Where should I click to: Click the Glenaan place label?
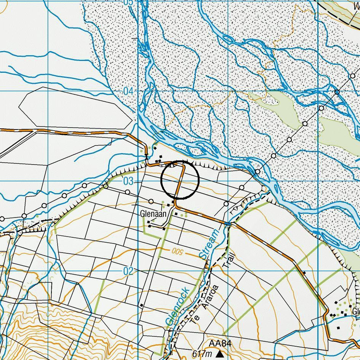pyautogui.click(x=154, y=214)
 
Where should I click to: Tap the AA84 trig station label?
pyautogui.click(x=220, y=344)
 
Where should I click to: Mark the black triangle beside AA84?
pyautogui.click(x=220, y=354)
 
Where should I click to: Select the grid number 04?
pyautogui.click(x=128, y=91)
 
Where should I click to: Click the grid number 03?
pyautogui.click(x=128, y=181)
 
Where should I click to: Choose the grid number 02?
pyautogui.click(x=128, y=271)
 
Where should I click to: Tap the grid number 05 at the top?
pyautogui.click(x=128, y=2)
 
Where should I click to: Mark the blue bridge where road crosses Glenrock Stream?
pyautogui.click(x=228, y=223)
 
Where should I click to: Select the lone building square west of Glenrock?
pyautogui.click(x=141, y=305)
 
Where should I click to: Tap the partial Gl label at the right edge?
pyautogui.click(x=356, y=312)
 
